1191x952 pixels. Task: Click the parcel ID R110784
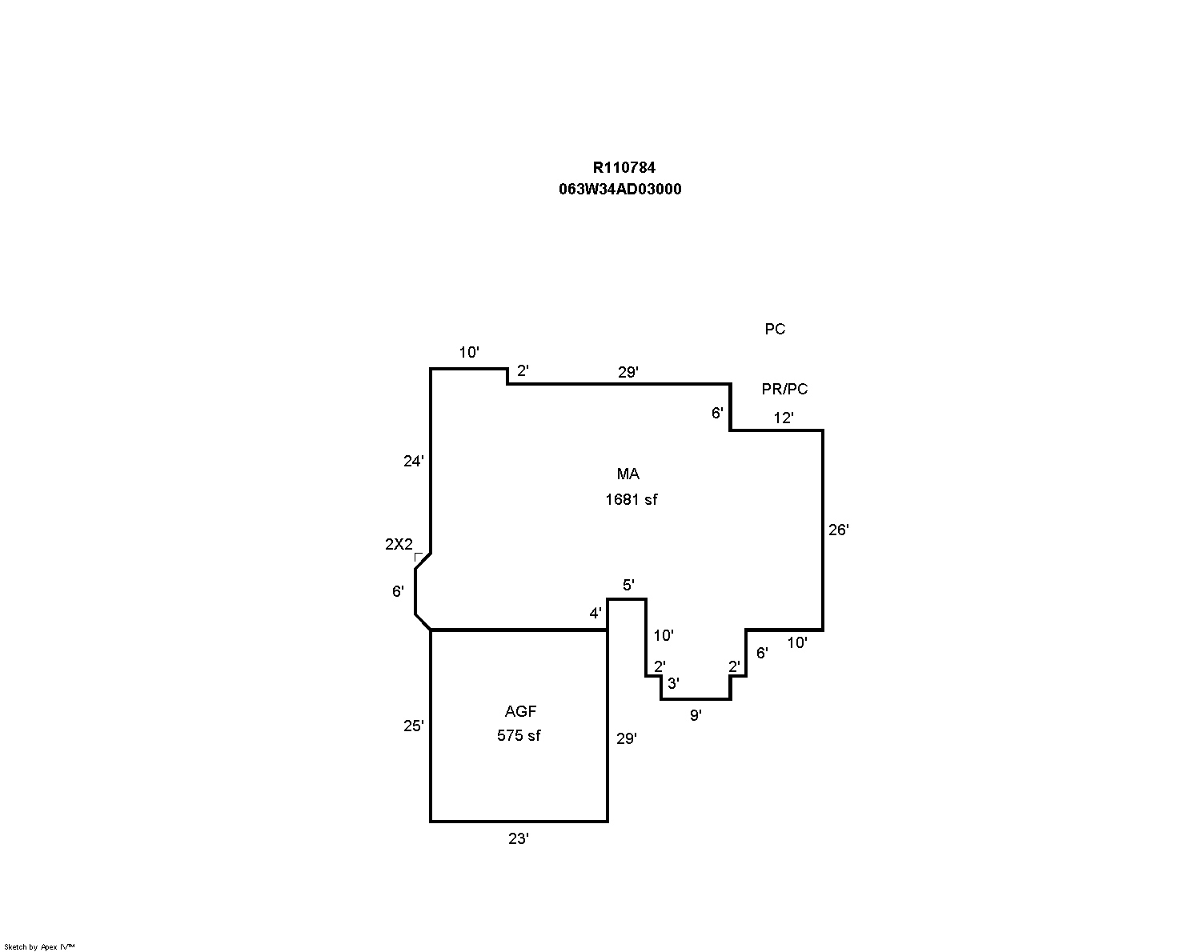(x=624, y=167)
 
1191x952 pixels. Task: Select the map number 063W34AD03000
(x=620, y=190)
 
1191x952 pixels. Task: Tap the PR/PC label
(x=784, y=390)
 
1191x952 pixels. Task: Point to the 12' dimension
(x=783, y=418)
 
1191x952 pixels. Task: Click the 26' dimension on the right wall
(x=838, y=530)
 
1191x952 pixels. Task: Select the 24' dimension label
(x=413, y=461)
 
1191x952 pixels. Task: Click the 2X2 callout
(x=399, y=545)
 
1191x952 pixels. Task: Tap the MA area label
(x=628, y=474)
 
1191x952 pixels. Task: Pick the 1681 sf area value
(x=631, y=500)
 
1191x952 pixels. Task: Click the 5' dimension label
(x=628, y=586)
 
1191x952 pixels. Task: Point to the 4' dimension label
(x=595, y=614)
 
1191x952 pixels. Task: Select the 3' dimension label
(x=673, y=683)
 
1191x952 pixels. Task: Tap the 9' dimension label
(x=696, y=715)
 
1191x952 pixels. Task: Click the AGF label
(x=520, y=711)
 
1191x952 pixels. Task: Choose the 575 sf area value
(x=519, y=736)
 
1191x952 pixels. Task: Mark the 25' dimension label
(x=413, y=726)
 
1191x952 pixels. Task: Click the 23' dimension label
(x=519, y=839)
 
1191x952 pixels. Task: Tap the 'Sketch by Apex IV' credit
(x=39, y=946)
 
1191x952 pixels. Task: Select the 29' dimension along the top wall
(x=628, y=372)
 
